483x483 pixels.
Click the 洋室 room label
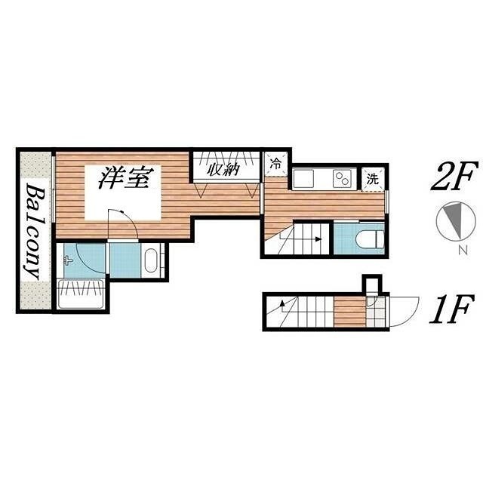pyautogui.click(x=126, y=178)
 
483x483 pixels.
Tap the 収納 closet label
pyautogui.click(x=223, y=169)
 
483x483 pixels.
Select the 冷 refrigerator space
pyautogui.click(x=276, y=164)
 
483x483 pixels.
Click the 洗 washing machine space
pyautogui.click(x=373, y=179)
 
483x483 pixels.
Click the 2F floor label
pyautogui.click(x=455, y=177)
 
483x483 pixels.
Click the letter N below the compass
pyautogui.click(x=463, y=250)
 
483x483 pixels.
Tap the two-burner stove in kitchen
pyautogui.click(x=342, y=178)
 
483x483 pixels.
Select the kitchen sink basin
pyautogui.click(x=303, y=179)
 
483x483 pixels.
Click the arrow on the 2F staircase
pyautogui.click(x=301, y=238)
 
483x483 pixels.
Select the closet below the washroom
pyautogui.click(x=81, y=294)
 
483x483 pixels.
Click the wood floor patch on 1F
pyautogui.click(x=350, y=312)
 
